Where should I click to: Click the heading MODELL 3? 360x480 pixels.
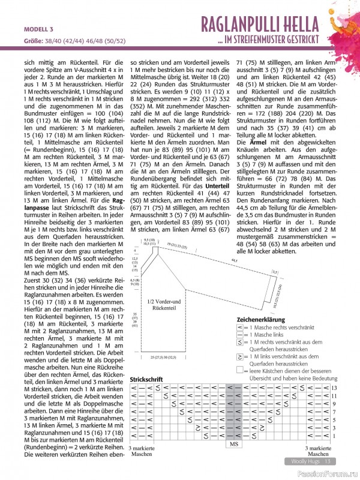(x=38, y=29)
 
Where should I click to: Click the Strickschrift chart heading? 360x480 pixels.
(x=146, y=380)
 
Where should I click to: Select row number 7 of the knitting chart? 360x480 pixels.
(x=334, y=412)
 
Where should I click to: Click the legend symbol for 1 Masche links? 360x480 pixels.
(x=241, y=335)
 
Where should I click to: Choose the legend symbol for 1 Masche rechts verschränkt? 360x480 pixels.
(x=241, y=328)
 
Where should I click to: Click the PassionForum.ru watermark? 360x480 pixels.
(x=328, y=473)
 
